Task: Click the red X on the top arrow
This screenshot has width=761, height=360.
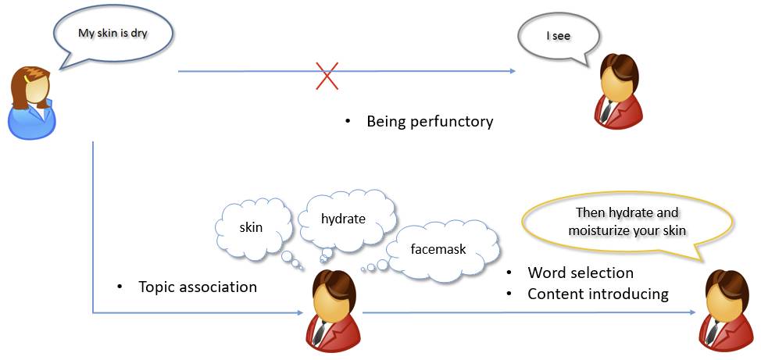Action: click(x=327, y=76)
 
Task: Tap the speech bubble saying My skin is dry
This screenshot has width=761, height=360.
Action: click(x=113, y=36)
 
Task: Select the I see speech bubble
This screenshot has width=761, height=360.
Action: click(x=558, y=37)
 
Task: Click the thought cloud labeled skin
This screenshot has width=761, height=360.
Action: click(x=251, y=227)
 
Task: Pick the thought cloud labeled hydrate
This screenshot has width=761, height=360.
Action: click(x=343, y=219)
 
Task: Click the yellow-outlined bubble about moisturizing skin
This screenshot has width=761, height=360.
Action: click(x=627, y=223)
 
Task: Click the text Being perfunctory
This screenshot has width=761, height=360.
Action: click(x=430, y=122)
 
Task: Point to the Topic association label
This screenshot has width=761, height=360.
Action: click(x=197, y=287)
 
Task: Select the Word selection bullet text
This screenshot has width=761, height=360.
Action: click(x=581, y=273)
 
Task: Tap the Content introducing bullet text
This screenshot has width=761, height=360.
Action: click(x=598, y=294)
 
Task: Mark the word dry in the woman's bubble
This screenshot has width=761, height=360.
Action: click(x=138, y=34)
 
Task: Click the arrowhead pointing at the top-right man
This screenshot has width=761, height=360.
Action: click(x=513, y=72)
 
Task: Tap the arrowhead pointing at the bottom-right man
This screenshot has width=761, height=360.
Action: click(x=692, y=313)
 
